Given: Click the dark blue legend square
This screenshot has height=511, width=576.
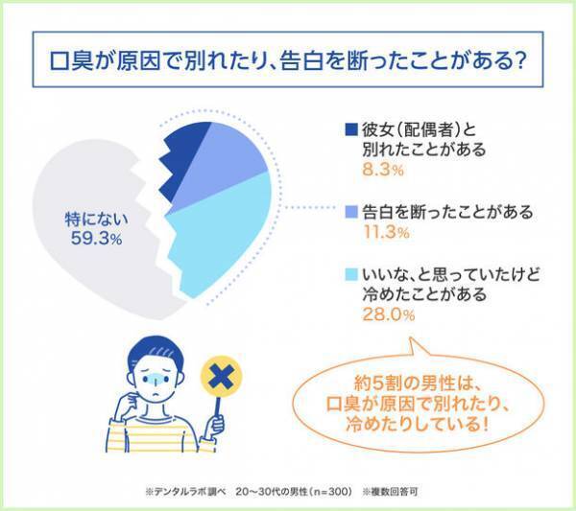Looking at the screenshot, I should (349, 129).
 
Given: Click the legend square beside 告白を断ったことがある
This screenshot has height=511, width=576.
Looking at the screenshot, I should (349, 211).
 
